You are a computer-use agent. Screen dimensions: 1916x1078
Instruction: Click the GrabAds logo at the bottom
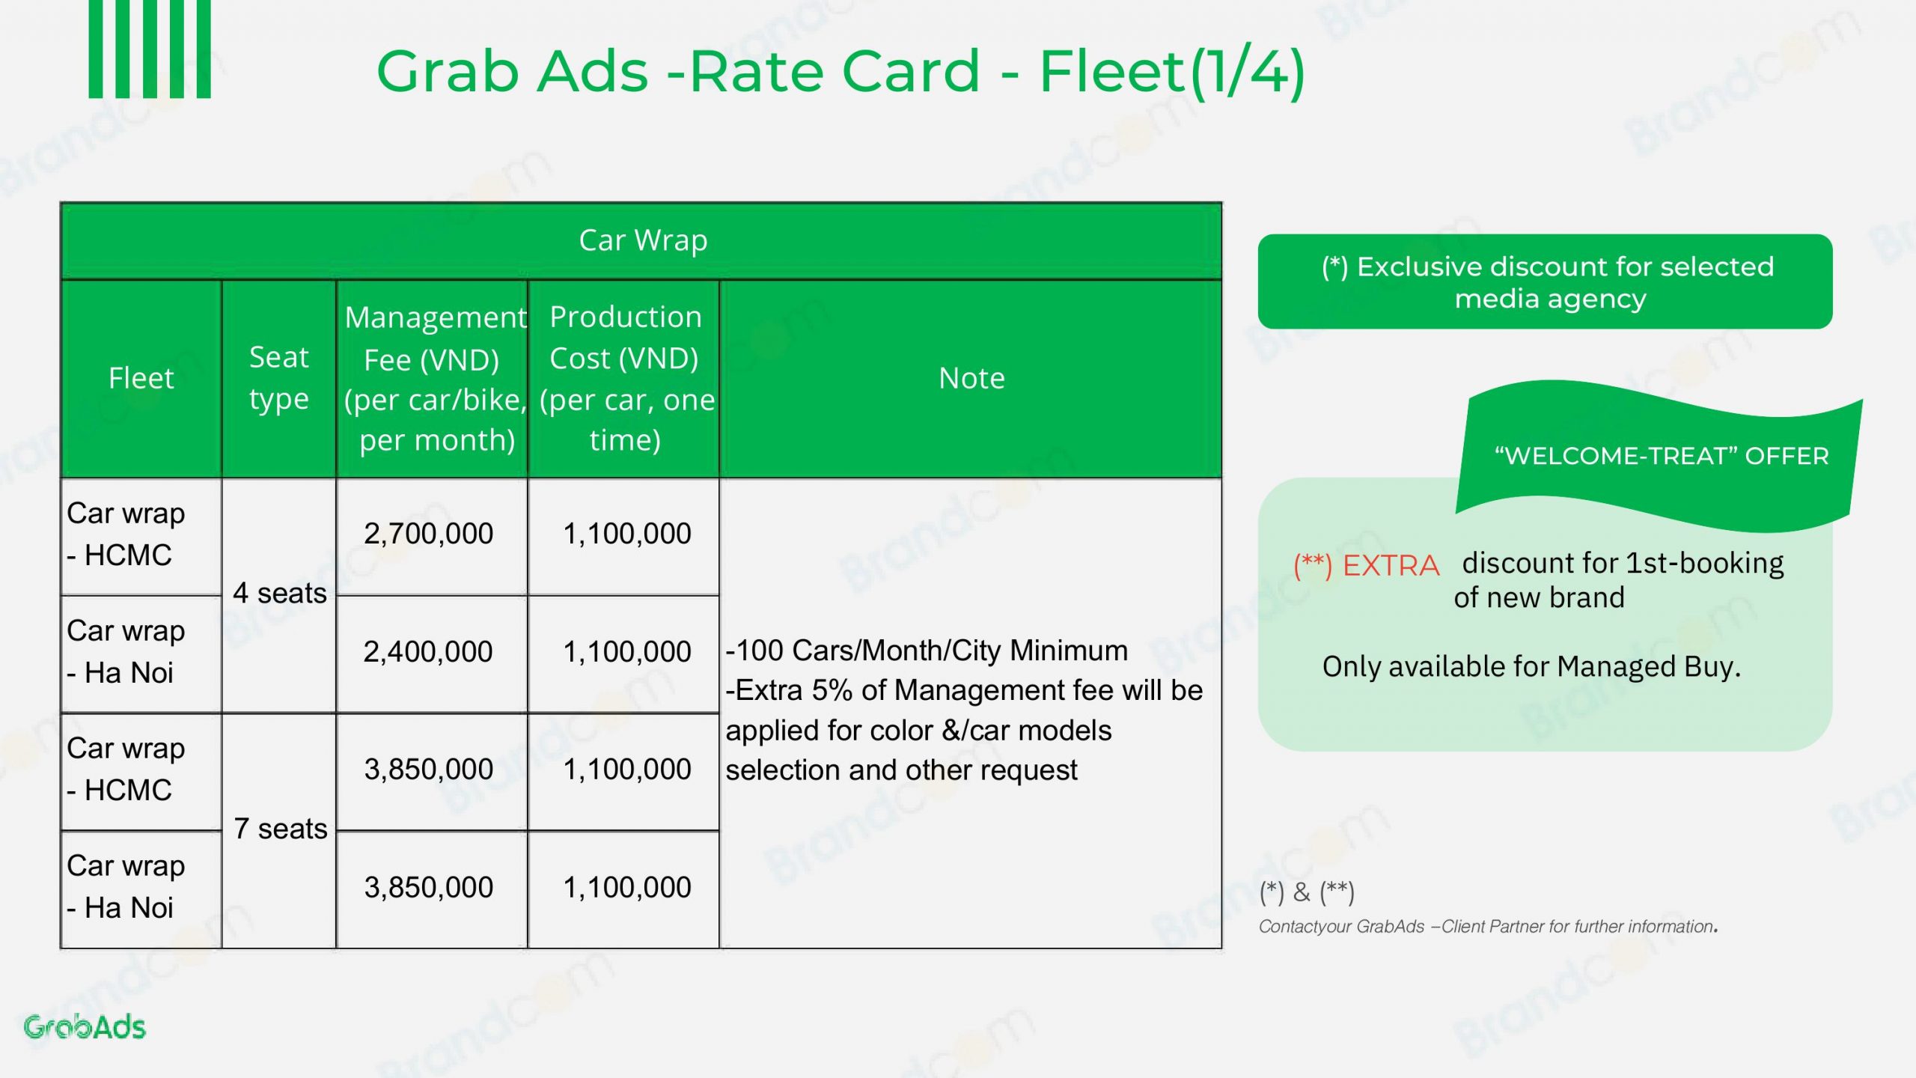click(85, 1026)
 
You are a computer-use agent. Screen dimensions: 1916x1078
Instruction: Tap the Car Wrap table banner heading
click(643, 240)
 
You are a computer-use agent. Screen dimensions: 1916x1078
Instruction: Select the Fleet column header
click(141, 378)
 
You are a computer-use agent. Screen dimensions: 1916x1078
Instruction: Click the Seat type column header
click(279, 378)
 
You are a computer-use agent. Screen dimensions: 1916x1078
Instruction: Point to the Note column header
click(971, 378)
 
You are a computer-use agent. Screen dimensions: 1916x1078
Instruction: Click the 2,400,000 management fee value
click(429, 651)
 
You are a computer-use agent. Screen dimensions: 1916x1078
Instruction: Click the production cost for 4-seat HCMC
click(627, 534)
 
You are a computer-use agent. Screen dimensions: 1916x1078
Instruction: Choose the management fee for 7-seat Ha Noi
click(429, 887)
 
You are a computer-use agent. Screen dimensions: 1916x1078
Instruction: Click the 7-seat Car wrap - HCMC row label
click(126, 769)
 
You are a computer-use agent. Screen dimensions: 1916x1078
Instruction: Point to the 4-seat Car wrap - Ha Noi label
click(126, 651)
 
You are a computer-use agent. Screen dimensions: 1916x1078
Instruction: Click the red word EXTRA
click(1391, 565)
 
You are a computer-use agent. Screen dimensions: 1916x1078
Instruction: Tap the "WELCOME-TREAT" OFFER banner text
click(1662, 455)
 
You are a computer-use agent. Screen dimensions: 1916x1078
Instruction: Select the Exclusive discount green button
click(1545, 281)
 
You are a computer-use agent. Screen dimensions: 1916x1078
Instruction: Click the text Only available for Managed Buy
click(1531, 666)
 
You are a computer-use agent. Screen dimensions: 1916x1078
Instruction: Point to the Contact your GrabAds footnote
click(1488, 926)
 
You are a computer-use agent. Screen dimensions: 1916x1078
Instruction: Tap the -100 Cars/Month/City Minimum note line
click(927, 650)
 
